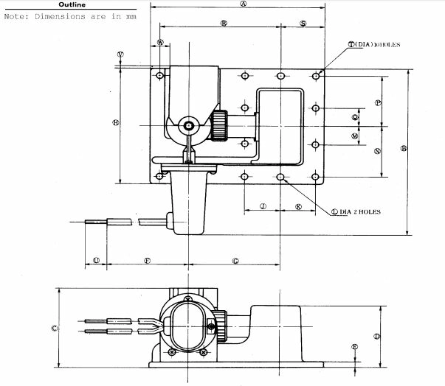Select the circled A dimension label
point(243,4)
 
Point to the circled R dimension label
point(223,24)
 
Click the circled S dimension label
point(303,24)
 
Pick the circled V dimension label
point(120,55)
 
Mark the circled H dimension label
point(115,122)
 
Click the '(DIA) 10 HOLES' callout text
point(377,45)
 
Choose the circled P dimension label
point(378,103)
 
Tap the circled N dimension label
point(377,151)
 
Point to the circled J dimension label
point(263,207)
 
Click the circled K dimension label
point(298,207)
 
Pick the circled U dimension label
point(97,261)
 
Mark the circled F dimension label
point(147,261)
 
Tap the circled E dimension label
point(355,347)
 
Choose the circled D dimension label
point(376,336)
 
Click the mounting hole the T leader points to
point(316,74)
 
